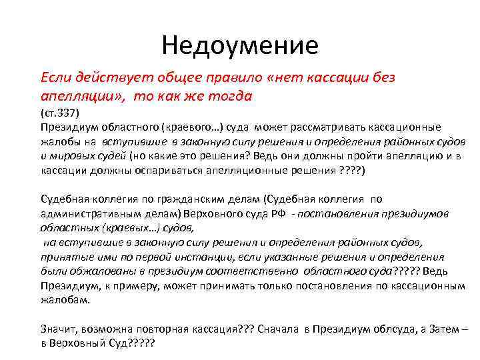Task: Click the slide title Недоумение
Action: tap(240, 45)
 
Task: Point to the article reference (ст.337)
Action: tap(61, 113)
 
